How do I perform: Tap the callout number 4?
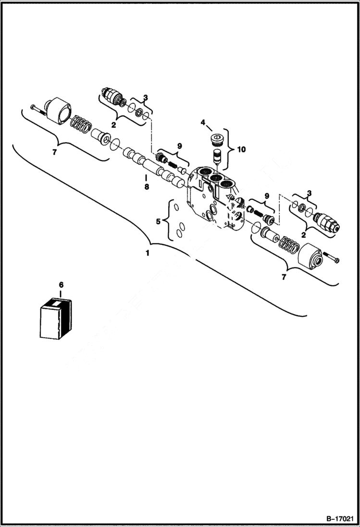tap(203, 123)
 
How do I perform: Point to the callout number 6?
tap(61, 285)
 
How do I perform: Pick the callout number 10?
tap(241, 149)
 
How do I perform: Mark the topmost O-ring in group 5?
tap(177, 208)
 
